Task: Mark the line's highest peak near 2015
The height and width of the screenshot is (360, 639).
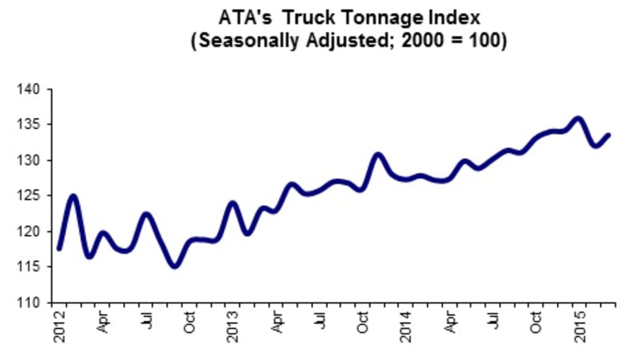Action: [x=578, y=119]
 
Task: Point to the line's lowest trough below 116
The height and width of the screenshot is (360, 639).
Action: [x=174, y=265]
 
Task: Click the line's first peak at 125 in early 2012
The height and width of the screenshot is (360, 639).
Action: [x=74, y=196]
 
